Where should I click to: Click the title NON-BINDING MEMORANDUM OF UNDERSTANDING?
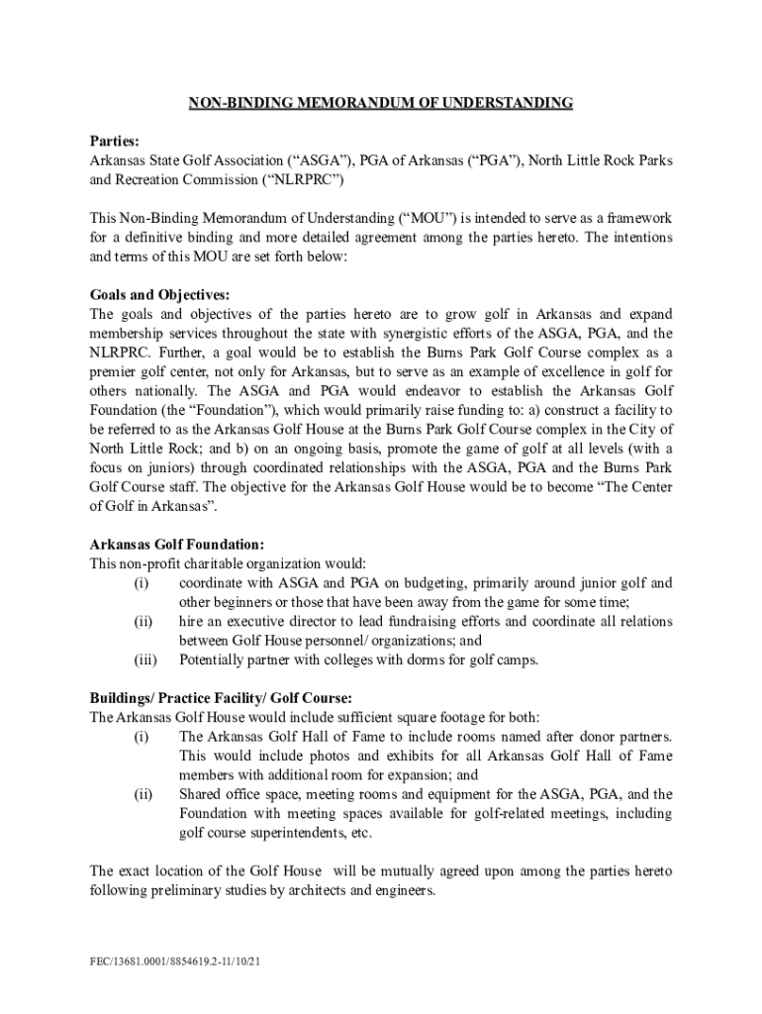(x=381, y=103)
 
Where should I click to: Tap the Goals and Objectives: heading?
(x=159, y=295)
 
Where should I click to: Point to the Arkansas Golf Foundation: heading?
(x=177, y=545)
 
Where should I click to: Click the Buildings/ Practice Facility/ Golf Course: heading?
(x=221, y=698)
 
